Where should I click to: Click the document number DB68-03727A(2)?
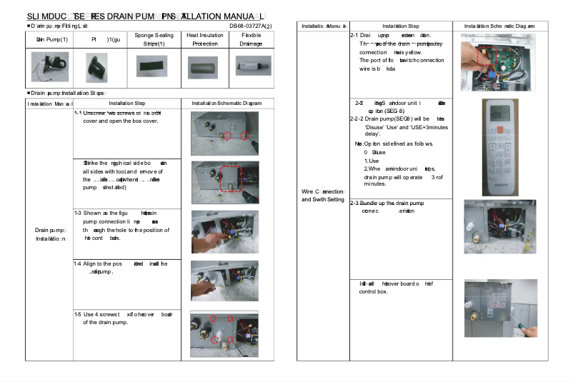point(250,26)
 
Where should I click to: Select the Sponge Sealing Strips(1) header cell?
point(154,39)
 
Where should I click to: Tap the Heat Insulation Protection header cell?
point(204,39)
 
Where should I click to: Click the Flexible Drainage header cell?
point(251,39)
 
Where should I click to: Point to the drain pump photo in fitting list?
point(49,69)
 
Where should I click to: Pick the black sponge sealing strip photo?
point(154,69)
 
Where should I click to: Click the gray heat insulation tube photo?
point(204,69)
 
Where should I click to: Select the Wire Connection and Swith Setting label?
point(323,196)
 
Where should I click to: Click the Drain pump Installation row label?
point(49,234)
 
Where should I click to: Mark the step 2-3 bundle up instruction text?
point(397,207)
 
